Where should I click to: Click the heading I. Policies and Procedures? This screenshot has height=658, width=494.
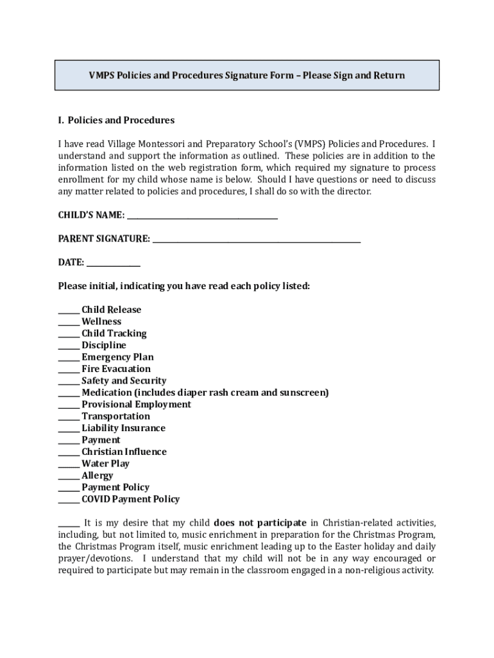116,120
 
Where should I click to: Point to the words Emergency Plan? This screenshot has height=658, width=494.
117,357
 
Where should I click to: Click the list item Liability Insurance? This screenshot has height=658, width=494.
123,429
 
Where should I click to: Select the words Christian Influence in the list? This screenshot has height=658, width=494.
124,452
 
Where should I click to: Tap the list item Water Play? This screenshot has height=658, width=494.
105,464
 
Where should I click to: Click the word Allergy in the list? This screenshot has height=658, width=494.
97,476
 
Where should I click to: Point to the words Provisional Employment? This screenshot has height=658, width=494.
136,405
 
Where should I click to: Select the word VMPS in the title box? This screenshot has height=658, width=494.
102,75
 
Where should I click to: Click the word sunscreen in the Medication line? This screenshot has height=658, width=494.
303,393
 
